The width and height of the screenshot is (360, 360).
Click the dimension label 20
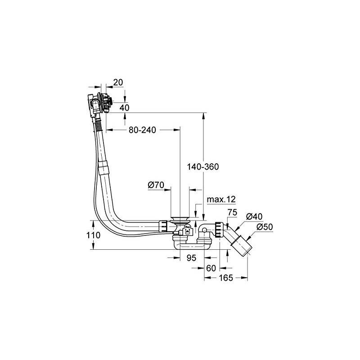pyautogui.click(x=118, y=82)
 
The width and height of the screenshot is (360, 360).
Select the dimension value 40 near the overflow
pyautogui.click(x=124, y=108)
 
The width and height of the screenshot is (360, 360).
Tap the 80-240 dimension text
pyautogui.click(x=142, y=130)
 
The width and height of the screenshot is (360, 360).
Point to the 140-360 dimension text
pyautogui.click(x=203, y=166)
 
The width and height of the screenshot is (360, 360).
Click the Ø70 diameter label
pyautogui.click(x=156, y=185)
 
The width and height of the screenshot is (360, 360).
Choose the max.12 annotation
pyautogui.click(x=221, y=199)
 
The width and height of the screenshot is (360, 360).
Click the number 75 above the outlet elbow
pyautogui.click(x=232, y=212)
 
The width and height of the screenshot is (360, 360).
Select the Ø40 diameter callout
pyautogui.click(x=254, y=216)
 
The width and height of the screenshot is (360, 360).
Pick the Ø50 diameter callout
pyautogui.click(x=265, y=227)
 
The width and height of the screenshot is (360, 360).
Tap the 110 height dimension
pyautogui.click(x=94, y=235)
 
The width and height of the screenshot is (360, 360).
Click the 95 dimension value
pyautogui.click(x=191, y=258)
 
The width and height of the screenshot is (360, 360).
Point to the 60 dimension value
pyautogui.click(x=211, y=268)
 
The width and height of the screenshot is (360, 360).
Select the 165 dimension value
pyautogui.click(x=226, y=278)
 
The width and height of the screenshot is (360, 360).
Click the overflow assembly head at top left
pyautogui.click(x=100, y=104)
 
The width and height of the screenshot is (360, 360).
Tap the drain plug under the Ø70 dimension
pyautogui.click(x=180, y=219)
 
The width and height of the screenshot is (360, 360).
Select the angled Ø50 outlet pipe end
pyautogui.click(x=242, y=247)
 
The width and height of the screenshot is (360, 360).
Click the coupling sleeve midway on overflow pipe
pyautogui.click(x=103, y=167)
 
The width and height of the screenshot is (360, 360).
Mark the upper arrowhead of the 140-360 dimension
pyautogui.click(x=203, y=116)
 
